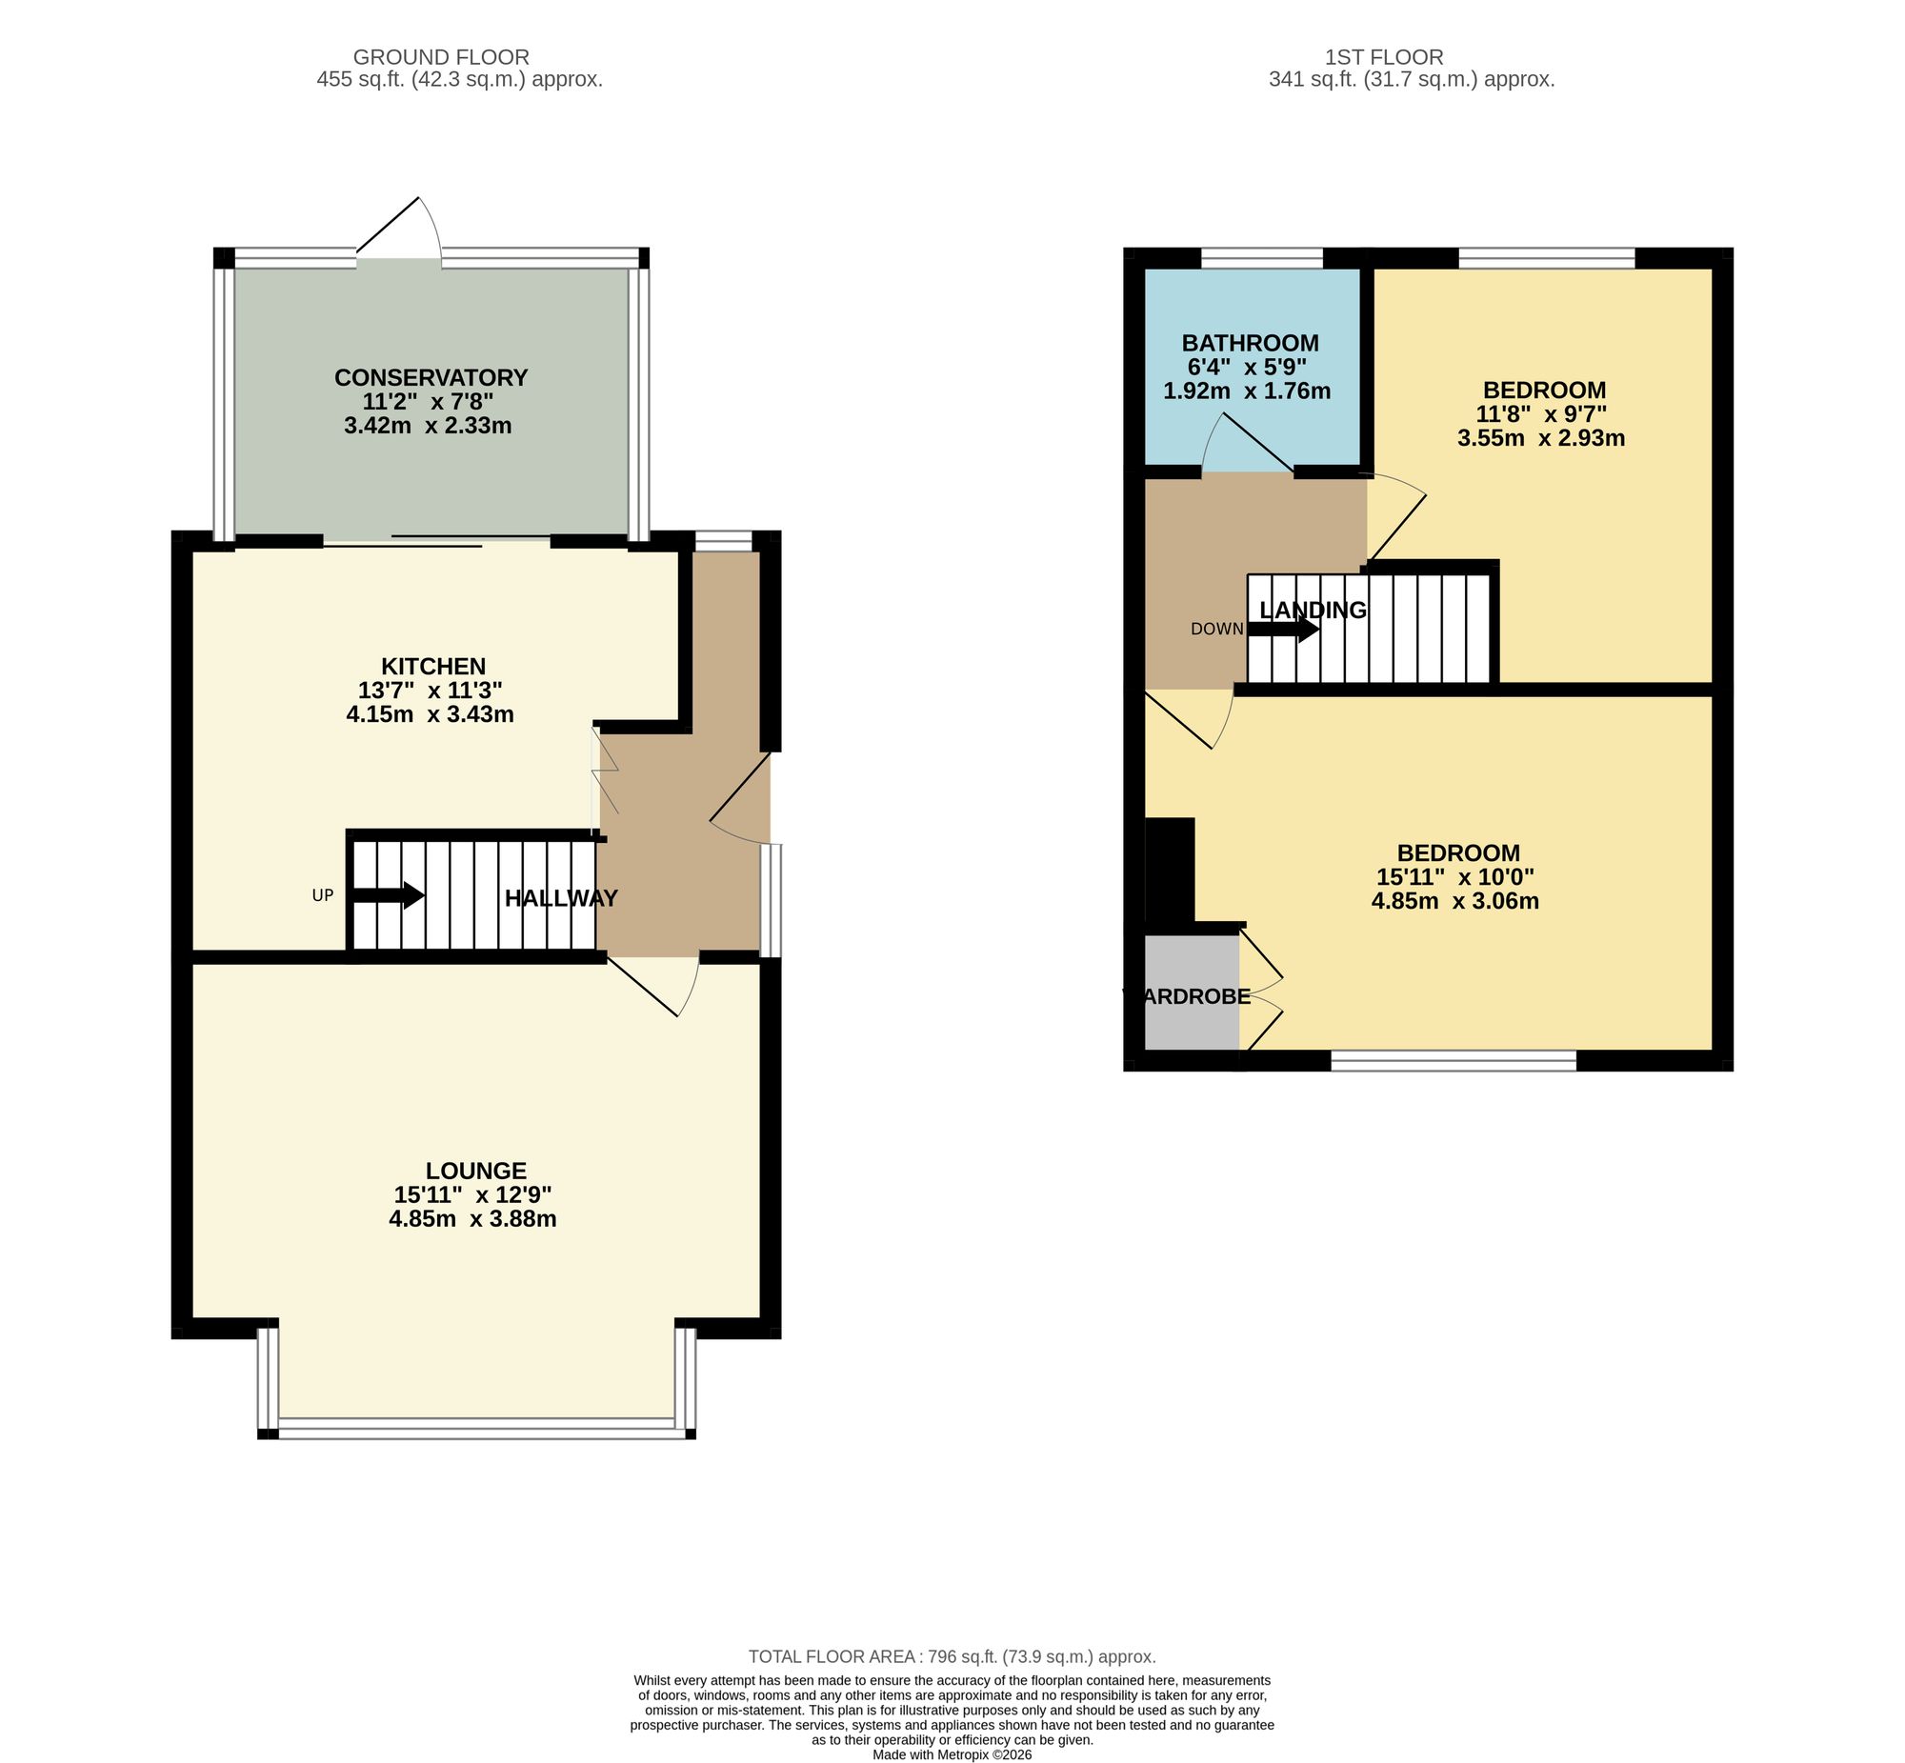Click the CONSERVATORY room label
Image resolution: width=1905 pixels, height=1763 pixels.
coord(431,378)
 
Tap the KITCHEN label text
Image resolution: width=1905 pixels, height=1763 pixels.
coord(433,666)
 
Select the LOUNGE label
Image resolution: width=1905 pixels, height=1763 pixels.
coord(475,1171)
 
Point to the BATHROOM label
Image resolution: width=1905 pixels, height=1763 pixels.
coord(1250,343)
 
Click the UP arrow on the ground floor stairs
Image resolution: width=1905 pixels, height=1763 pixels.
coord(388,895)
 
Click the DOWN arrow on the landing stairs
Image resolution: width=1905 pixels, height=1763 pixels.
coord(1283,629)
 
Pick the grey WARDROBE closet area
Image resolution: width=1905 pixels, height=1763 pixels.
coord(1191,992)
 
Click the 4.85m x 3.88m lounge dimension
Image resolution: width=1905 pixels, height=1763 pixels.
coord(472,1219)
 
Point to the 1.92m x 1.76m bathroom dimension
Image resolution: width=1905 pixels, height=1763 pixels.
coord(1246,391)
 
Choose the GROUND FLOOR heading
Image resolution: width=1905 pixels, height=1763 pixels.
coord(441,57)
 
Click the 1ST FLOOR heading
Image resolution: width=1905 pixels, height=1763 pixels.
coord(1383,57)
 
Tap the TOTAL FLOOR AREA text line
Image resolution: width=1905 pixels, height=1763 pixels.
coord(951,1657)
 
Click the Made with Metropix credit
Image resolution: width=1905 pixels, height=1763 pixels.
coord(951,1754)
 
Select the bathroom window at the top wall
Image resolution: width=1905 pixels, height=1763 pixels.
coord(1261,257)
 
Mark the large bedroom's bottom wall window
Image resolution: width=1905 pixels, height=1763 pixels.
coord(1453,1060)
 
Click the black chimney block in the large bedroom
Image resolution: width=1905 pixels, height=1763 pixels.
coord(1169,869)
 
